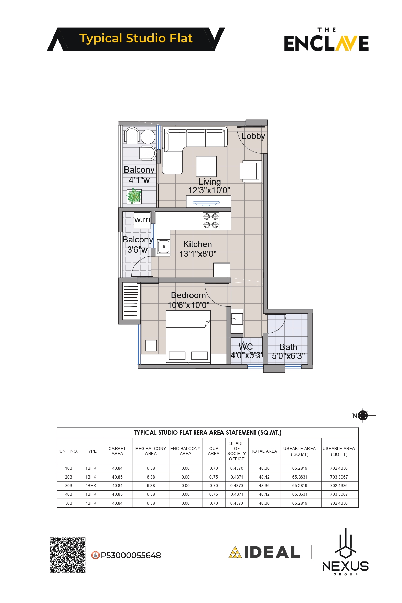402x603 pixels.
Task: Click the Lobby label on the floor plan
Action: click(x=253, y=136)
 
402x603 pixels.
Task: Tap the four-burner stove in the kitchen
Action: click(x=211, y=221)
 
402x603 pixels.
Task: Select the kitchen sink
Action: click(x=164, y=246)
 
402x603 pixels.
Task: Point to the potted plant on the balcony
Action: click(x=134, y=196)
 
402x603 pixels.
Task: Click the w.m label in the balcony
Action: click(x=142, y=219)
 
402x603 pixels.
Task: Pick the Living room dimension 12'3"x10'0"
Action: click(x=209, y=190)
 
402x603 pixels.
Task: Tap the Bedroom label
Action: click(x=188, y=295)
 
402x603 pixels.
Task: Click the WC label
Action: click(x=246, y=347)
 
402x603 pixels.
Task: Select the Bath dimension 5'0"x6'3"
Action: click(x=289, y=356)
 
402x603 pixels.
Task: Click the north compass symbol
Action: click(x=362, y=416)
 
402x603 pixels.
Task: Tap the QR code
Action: click(x=67, y=555)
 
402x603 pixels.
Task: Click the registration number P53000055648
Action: click(x=131, y=555)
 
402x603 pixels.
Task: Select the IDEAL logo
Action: click(x=264, y=552)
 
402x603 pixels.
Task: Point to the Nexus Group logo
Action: click(x=345, y=552)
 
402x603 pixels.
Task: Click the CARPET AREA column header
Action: click(x=117, y=451)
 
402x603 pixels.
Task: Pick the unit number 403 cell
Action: click(x=69, y=494)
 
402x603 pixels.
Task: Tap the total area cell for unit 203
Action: click(x=264, y=477)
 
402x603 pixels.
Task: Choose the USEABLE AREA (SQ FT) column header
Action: click(x=339, y=451)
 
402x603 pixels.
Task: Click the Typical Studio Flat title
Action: click(x=136, y=39)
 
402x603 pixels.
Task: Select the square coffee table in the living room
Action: click(x=206, y=166)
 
